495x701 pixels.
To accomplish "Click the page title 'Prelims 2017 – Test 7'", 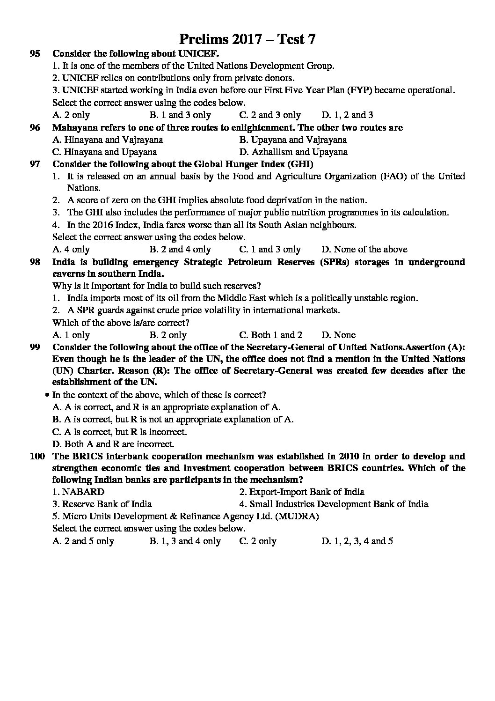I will (247, 39).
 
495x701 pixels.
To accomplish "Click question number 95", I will (35, 54).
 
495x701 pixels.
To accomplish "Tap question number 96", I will (35, 127).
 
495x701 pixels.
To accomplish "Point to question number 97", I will (35, 164).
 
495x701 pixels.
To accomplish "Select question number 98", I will (35, 262).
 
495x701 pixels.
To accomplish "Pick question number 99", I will (35, 347).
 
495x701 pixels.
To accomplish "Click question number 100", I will (37, 456).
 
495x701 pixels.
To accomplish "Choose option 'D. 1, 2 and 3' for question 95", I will (347, 115).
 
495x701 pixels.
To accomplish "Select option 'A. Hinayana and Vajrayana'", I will (108, 140).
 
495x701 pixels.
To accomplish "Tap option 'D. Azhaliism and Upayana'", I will (293, 152).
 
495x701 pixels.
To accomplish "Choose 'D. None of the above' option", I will (364, 250).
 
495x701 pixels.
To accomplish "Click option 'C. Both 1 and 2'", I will (271, 335).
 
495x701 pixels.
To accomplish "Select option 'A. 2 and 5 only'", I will (83, 541).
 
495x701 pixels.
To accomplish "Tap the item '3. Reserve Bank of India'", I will (102, 504).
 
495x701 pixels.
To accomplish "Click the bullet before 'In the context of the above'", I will (47, 395).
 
